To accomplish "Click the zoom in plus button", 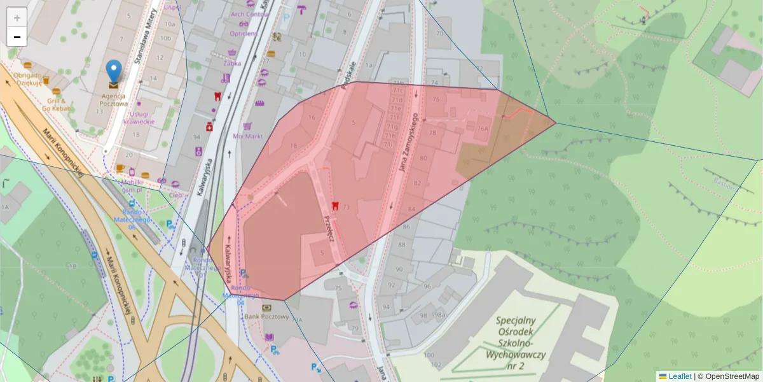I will coord(17,18).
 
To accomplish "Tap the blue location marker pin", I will coord(114,71).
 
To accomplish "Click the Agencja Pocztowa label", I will coord(114,100).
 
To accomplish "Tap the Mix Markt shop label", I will coord(248,136).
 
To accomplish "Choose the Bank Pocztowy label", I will coord(266,316).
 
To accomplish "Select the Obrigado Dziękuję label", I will coord(27,78).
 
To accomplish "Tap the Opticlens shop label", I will coord(244,33).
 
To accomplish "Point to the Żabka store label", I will coord(232,63).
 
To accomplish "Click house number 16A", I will coord(482,128).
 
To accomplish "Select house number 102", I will coord(435,365).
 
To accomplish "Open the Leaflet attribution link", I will coord(679,376).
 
